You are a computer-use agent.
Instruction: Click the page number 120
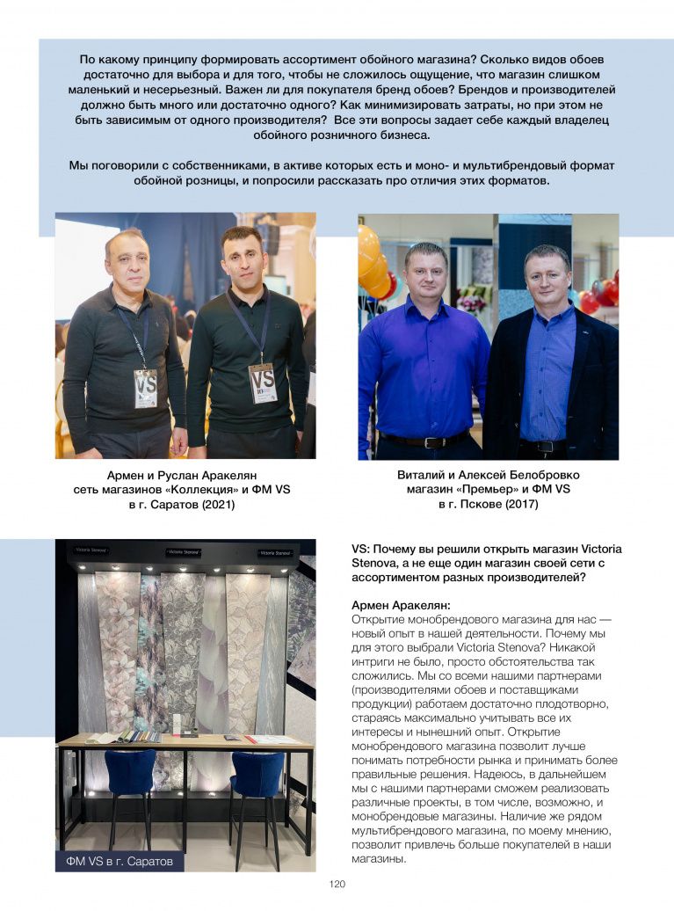click(x=337, y=885)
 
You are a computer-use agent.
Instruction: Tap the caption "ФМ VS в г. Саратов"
click(x=120, y=860)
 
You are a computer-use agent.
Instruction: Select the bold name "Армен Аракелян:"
click(x=401, y=605)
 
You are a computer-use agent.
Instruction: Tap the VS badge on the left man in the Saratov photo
click(x=146, y=388)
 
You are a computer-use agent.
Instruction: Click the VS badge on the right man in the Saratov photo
click(x=262, y=383)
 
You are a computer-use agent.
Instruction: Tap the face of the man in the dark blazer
click(x=547, y=275)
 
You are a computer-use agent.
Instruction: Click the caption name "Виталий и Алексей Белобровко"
click(x=488, y=475)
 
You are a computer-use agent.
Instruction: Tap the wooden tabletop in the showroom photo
click(x=185, y=740)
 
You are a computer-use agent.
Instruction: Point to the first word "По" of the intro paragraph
click(x=88, y=59)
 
